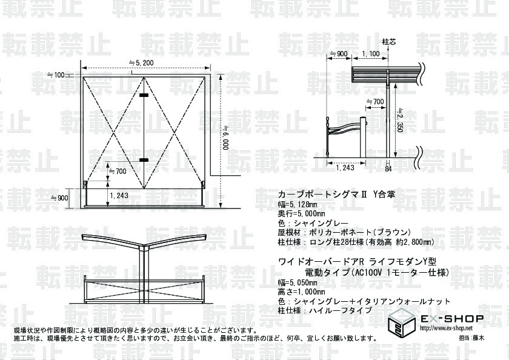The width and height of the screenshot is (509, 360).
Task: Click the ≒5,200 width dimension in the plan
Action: click(141, 62)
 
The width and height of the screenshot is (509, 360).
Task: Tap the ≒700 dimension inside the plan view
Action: click(116, 172)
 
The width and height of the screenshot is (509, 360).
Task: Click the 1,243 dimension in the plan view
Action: click(119, 195)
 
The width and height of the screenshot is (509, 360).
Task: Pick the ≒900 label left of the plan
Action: click(58, 198)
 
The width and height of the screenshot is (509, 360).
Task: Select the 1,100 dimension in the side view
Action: click(370, 54)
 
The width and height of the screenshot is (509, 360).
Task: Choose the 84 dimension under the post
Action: click(388, 168)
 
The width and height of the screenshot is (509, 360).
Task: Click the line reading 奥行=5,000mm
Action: click(301, 214)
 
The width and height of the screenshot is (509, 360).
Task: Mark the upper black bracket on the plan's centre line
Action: click(144, 96)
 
